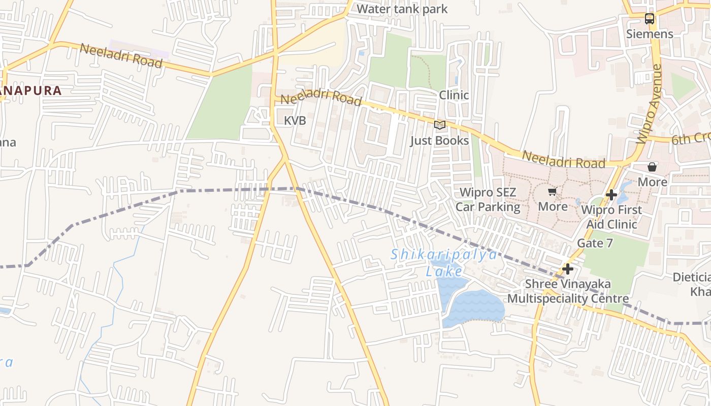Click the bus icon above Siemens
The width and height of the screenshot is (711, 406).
650,19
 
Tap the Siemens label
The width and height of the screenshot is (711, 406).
650,34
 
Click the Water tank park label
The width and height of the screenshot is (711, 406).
402,9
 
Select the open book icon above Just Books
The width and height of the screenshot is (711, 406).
440,125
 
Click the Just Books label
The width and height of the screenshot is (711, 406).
440,140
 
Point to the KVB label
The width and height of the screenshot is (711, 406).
295,121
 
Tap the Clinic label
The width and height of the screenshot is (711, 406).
454,95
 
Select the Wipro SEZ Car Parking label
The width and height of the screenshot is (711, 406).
488,199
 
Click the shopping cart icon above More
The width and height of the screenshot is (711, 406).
553,191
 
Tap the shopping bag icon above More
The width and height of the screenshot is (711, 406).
652,166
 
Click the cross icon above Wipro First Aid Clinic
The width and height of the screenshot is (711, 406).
611,194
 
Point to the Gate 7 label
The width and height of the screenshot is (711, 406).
595,243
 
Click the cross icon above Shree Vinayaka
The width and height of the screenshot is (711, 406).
568,269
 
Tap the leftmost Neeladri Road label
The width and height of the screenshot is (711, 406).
121,56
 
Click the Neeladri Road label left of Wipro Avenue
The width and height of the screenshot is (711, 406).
564,159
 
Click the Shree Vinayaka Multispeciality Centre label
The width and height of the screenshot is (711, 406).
568,291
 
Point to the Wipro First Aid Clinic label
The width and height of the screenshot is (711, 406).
611,217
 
